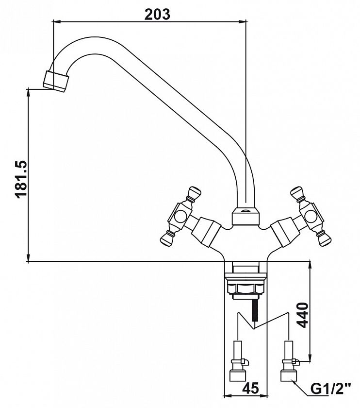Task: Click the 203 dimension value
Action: click(x=157, y=14)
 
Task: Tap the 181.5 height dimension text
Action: click(x=21, y=179)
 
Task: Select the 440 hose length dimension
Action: click(x=302, y=315)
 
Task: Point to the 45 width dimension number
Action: click(x=251, y=388)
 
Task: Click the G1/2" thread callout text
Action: click(x=330, y=389)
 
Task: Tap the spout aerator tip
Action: click(x=56, y=81)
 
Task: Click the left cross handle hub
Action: click(x=180, y=216)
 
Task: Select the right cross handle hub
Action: click(x=311, y=216)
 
